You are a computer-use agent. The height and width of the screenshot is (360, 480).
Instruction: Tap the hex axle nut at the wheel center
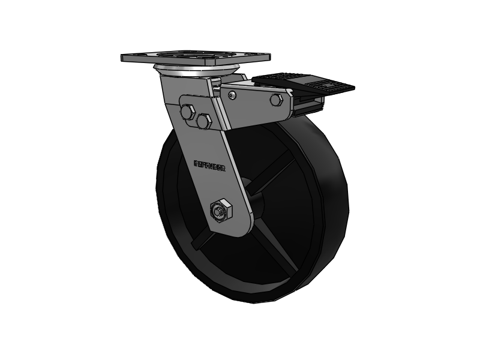point(220,211)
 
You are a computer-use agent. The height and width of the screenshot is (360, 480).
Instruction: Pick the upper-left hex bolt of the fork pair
point(187,112)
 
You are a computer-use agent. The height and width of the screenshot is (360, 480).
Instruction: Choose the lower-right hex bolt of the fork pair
point(203,121)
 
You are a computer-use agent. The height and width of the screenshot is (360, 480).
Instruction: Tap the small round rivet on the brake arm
point(232,94)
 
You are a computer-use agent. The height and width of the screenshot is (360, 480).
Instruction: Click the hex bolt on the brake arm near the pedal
point(276,100)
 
